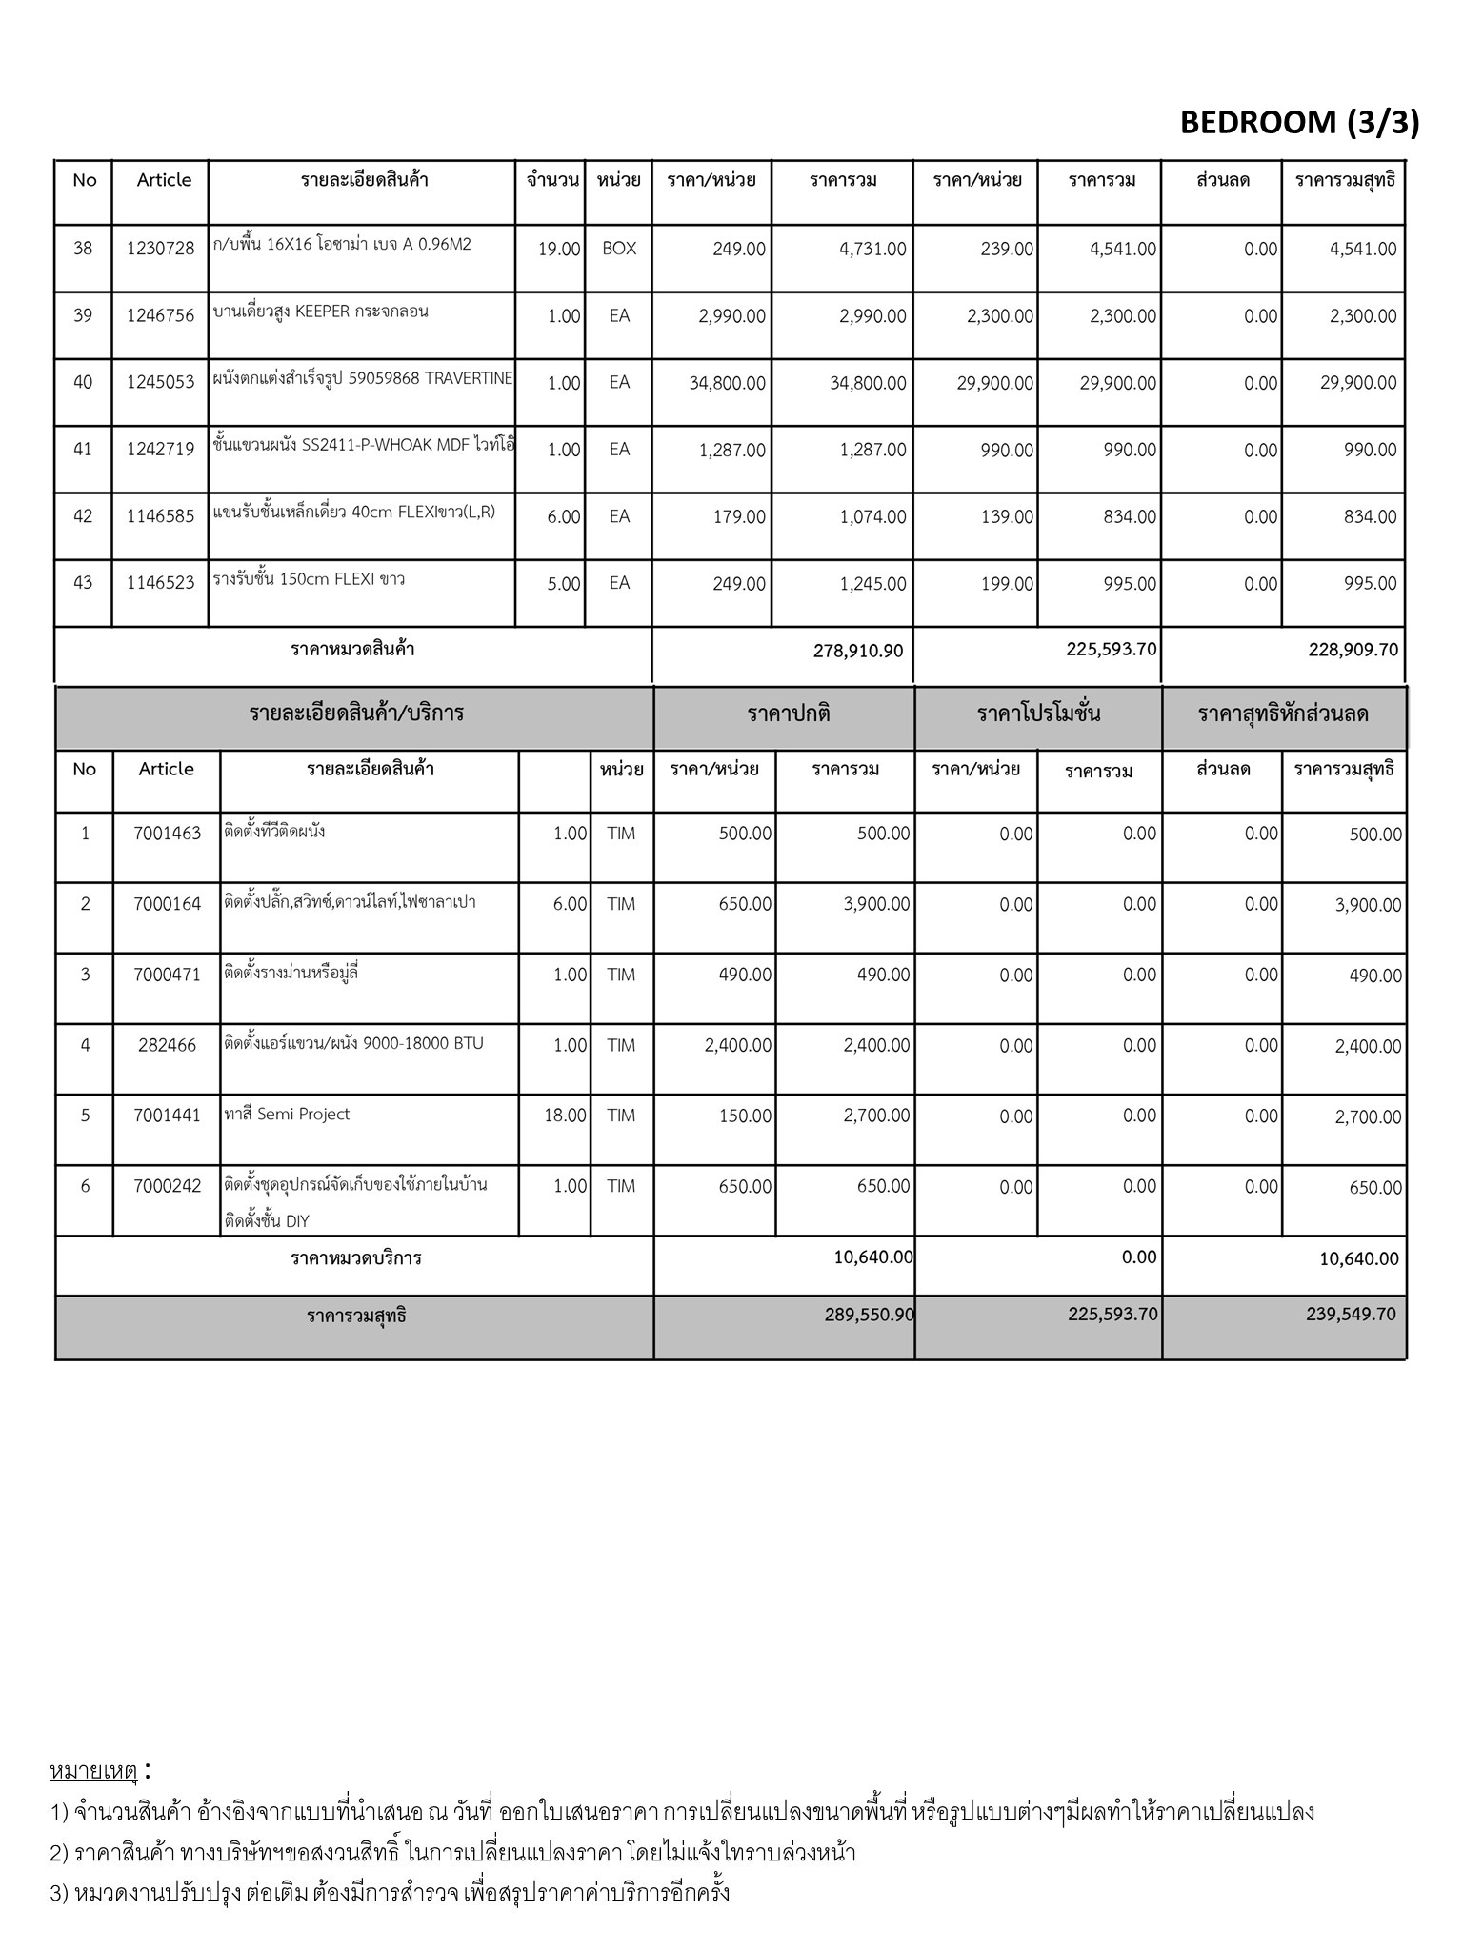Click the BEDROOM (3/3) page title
tap(1299, 123)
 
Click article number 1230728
tap(160, 249)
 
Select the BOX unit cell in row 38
tap(619, 249)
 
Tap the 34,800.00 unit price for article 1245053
tap(728, 383)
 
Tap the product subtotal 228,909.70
tap(1352, 650)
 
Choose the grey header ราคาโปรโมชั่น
tap(1038, 714)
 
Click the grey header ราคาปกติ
tap(789, 714)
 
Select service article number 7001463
tap(168, 834)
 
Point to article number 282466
tap(167, 1045)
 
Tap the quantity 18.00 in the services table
tap(565, 1116)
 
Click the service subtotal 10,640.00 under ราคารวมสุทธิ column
tap(1359, 1259)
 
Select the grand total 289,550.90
tap(870, 1315)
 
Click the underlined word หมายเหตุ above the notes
tap(93, 1771)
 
